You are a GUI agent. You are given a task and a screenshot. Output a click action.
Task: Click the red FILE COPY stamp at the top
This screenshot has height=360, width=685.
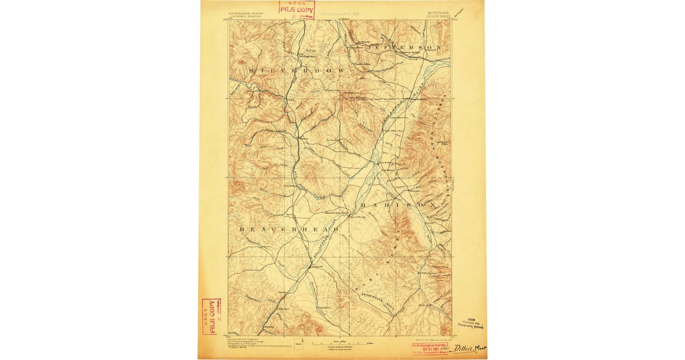[x=296, y=9]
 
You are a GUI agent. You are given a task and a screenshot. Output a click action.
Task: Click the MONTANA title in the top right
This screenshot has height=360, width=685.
[x=437, y=11]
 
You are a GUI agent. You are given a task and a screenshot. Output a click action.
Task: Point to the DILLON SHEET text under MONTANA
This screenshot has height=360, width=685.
[x=438, y=17]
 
